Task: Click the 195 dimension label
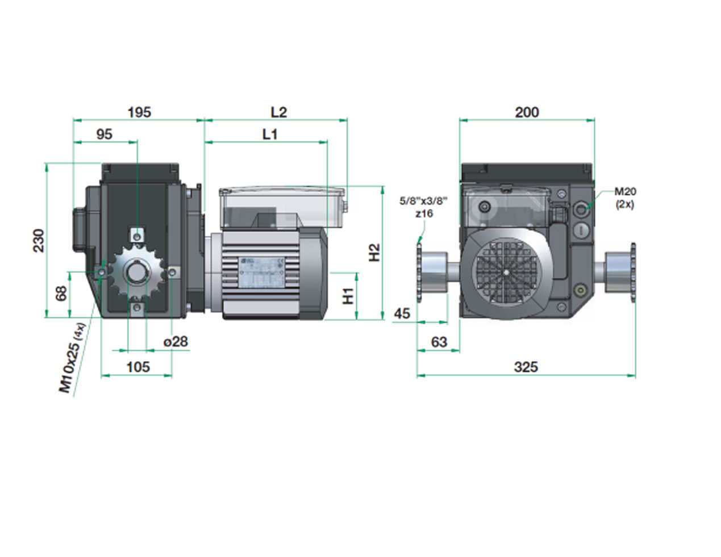(x=139, y=112)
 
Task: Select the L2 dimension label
(x=279, y=112)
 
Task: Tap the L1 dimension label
(x=270, y=134)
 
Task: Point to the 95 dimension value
(x=104, y=134)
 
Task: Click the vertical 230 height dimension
(x=39, y=241)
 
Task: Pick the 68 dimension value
(x=61, y=294)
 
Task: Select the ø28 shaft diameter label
(x=176, y=341)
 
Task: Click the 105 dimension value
(x=139, y=367)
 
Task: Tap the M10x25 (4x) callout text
(x=72, y=358)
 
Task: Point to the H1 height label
(x=348, y=296)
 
